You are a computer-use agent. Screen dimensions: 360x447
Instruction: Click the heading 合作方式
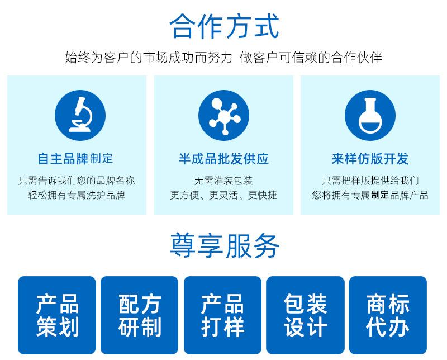pos(223,26)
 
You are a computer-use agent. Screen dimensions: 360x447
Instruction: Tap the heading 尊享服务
pos(223,245)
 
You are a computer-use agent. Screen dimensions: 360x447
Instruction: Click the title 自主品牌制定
pos(75,159)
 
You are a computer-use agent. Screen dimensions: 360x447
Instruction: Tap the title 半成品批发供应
pos(223,159)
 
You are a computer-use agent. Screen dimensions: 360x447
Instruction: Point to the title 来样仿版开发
pos(370,159)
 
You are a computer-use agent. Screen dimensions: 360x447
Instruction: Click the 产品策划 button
pos(58,315)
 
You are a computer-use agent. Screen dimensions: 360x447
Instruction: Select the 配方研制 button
pos(140,315)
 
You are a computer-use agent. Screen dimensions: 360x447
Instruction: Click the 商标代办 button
pos(388,315)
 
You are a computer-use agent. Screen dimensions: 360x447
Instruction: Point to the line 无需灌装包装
pos(223,181)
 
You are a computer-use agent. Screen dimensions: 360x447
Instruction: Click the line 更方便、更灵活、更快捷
pos(223,195)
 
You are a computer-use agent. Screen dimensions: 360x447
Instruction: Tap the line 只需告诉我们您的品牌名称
pos(77,181)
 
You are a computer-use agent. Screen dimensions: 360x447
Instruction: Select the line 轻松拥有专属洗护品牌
pos(77,195)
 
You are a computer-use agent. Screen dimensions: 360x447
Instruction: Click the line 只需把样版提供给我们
pos(370,181)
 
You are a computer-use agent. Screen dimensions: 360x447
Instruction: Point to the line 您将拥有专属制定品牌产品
pos(370,195)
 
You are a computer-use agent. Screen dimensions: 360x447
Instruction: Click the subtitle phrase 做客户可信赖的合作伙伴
pos(311,58)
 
